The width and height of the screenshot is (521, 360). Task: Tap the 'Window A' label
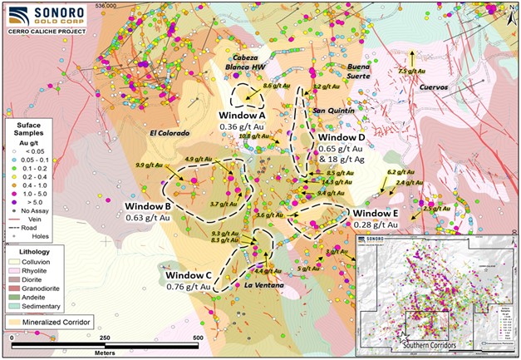(x=242, y=115)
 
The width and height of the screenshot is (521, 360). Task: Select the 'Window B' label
(x=148, y=206)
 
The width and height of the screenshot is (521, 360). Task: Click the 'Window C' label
(x=189, y=275)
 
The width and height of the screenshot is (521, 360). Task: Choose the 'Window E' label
(x=376, y=213)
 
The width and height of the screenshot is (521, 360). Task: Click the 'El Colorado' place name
(x=171, y=133)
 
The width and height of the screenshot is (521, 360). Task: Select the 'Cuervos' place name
(x=434, y=86)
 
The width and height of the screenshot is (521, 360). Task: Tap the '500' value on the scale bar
(x=198, y=339)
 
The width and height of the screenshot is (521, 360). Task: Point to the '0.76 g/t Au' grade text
(x=189, y=288)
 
